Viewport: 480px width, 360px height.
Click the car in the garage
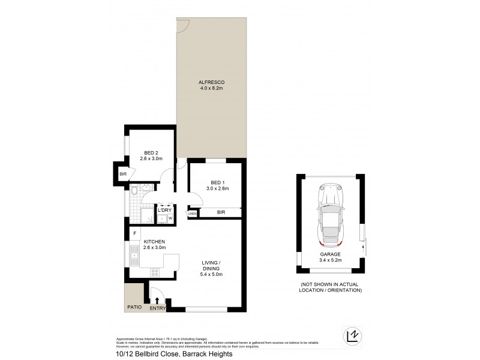point(329,214)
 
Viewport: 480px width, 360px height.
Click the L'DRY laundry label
point(165,210)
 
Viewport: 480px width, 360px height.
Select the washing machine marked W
point(170,218)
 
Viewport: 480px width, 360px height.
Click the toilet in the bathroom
point(136,191)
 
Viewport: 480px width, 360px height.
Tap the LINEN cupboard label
point(192,214)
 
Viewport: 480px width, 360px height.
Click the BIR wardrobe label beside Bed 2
point(122,174)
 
